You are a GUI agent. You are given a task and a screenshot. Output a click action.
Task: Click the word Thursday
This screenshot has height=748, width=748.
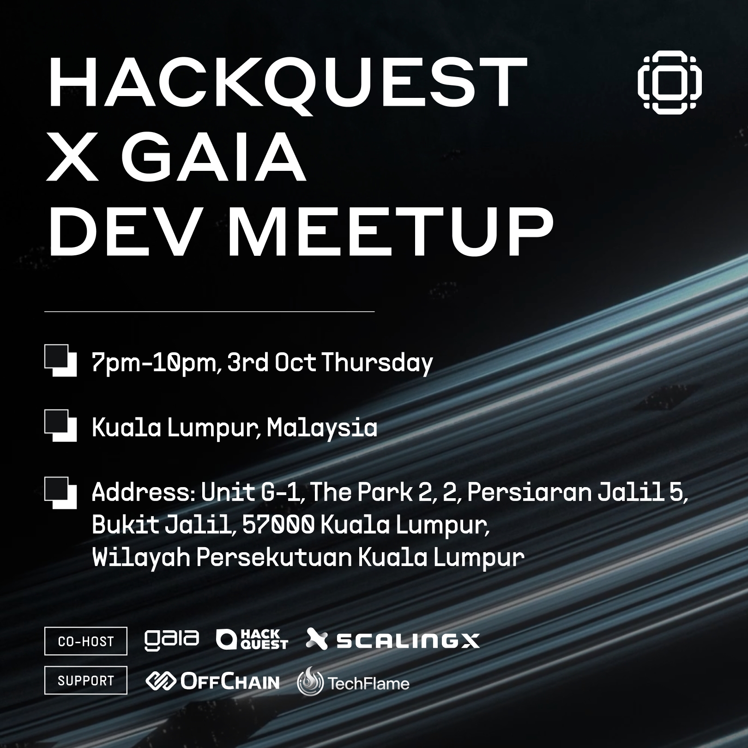coord(377,362)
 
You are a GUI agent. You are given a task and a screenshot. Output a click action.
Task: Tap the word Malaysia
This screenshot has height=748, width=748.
coord(322,428)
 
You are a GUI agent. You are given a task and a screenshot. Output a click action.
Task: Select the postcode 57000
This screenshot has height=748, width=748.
coord(278,525)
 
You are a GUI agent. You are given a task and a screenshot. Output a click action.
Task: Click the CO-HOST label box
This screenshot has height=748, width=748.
coord(86,641)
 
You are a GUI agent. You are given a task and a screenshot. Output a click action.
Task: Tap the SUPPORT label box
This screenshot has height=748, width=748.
coord(86,681)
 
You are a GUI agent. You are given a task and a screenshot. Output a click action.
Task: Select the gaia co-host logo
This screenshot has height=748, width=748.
coord(172,639)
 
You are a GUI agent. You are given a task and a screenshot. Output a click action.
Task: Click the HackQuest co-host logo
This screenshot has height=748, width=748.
coord(252,640)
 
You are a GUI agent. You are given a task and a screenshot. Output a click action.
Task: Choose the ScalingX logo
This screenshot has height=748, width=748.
coord(393,640)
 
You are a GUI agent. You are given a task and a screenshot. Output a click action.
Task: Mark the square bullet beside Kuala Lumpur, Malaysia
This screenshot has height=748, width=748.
coord(60,426)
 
